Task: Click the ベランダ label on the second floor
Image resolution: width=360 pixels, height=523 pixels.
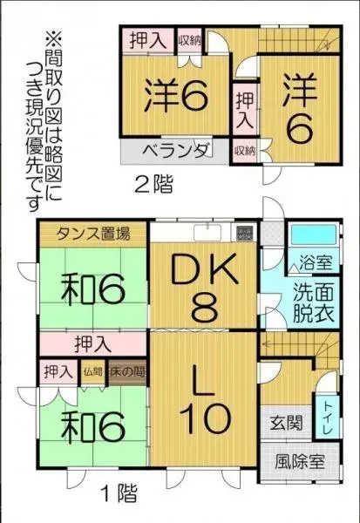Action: pyautogui.click(x=174, y=149)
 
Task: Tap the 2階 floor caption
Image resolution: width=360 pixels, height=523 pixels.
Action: pyautogui.click(x=153, y=184)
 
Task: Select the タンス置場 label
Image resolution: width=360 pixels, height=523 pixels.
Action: pyautogui.click(x=93, y=233)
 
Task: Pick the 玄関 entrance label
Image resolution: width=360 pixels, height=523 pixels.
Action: pyautogui.click(x=286, y=425)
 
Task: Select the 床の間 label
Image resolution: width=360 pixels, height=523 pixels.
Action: pyautogui.click(x=126, y=371)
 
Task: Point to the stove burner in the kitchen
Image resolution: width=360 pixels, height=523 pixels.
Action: pyautogui.click(x=245, y=233)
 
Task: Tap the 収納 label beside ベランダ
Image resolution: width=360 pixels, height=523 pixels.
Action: pyautogui.click(x=243, y=150)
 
